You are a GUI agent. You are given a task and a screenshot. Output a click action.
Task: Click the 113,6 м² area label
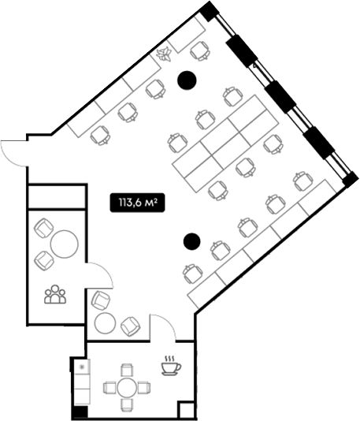[x=137, y=203]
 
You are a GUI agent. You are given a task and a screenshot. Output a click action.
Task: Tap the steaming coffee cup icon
[x=171, y=366]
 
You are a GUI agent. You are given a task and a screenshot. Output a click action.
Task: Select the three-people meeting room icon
[x=55, y=294]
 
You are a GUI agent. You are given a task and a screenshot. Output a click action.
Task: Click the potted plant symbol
[x=164, y=54]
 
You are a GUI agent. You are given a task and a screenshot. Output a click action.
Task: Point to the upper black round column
[x=187, y=80]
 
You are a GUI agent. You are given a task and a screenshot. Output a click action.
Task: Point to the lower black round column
[x=191, y=241]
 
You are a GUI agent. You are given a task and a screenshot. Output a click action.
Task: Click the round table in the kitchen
[x=127, y=387]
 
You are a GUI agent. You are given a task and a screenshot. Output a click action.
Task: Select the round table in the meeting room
[x=65, y=244]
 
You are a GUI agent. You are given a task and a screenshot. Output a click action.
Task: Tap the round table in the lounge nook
[x=105, y=323]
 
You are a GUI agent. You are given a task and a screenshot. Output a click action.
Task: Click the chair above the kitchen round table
[x=127, y=370]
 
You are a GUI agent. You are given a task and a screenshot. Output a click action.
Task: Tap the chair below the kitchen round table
[x=127, y=405]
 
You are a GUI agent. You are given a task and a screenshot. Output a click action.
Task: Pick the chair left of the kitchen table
[x=109, y=388]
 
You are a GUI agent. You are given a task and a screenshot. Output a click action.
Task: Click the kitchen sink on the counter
[x=83, y=367]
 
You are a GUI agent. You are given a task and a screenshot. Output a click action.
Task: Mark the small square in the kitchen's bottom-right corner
[x=187, y=410]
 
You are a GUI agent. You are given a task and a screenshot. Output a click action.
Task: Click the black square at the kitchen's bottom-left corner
[x=80, y=412]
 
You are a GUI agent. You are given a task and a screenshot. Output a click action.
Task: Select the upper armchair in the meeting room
[x=44, y=228]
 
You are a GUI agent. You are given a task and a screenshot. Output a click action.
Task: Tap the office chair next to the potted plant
[x=200, y=51]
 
